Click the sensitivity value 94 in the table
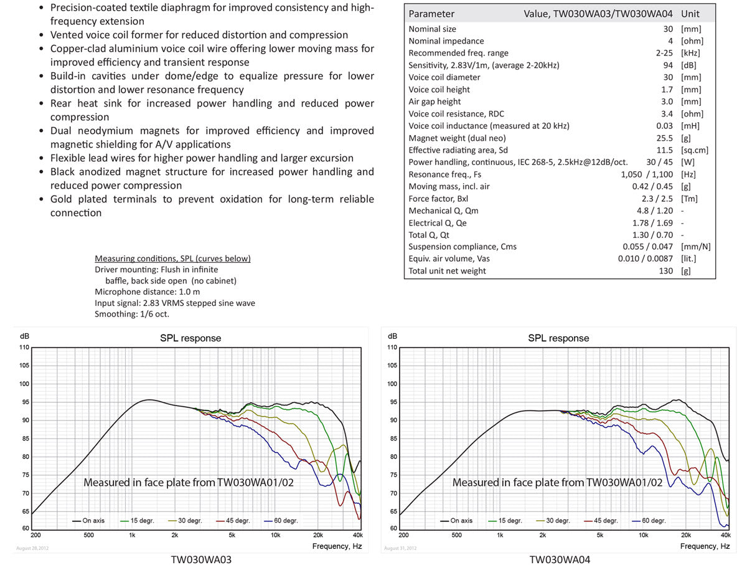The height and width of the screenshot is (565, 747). [668, 65]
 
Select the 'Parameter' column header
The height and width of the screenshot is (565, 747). [431, 14]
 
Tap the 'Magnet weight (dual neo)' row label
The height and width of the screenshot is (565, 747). [457, 138]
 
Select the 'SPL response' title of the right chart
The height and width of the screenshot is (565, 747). [558, 338]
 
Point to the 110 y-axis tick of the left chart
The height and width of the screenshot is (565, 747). [24, 347]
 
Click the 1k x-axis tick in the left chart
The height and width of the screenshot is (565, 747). [132, 535]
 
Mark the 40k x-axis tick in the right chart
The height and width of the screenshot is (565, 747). [725, 535]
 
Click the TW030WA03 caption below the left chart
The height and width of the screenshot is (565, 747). [201, 558]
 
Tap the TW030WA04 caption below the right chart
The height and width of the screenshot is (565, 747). [560, 558]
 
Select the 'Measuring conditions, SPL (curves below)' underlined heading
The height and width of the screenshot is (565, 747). [172, 259]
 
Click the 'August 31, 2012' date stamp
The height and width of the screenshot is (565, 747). [400, 548]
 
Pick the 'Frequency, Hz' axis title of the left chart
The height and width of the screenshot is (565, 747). [337, 546]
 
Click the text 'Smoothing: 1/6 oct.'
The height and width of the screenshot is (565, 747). [132, 314]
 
